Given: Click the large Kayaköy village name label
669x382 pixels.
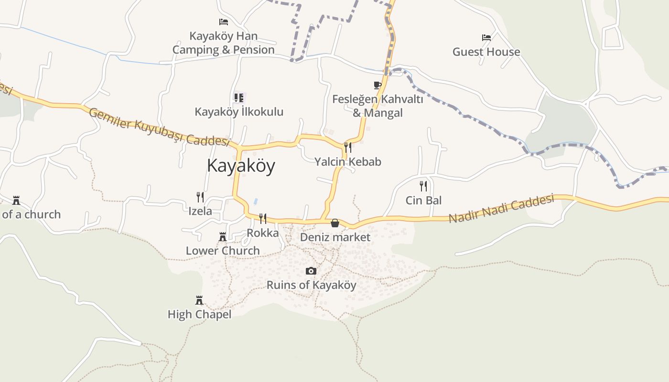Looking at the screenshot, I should coord(241,166).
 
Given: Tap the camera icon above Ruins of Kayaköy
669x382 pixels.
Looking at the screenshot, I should coord(311,271).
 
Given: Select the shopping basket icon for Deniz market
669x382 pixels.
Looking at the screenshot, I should coord(335,223).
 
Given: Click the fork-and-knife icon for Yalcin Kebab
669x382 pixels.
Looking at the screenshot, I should coord(348,147).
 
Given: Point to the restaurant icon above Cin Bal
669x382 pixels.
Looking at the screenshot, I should coord(423,186).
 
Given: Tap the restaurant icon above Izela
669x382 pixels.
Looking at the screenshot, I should coord(200,197).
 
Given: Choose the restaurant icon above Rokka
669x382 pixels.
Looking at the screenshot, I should coord(262,219).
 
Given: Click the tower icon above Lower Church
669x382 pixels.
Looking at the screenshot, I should coord(222,237).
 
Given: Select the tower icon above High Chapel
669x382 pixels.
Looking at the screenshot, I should coord(199,300).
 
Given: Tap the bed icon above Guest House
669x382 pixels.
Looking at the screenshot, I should coord(486,38).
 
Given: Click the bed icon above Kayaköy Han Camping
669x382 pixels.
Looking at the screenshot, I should coord(223,22).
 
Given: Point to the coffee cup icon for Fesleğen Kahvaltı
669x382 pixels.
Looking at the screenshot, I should coord(378,85).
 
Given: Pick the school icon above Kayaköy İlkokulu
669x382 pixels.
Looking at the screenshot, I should coord(239,98).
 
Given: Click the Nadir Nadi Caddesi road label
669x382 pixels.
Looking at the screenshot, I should coord(501,208).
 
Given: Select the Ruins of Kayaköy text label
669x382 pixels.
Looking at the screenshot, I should coord(311,285).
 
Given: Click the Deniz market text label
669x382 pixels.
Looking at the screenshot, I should coord(335,237).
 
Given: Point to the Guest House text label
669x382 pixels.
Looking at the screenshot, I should coord(486,52).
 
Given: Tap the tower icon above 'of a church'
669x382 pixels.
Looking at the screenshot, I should coord(16,200).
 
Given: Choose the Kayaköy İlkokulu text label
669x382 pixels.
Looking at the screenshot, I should coord(239,112).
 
